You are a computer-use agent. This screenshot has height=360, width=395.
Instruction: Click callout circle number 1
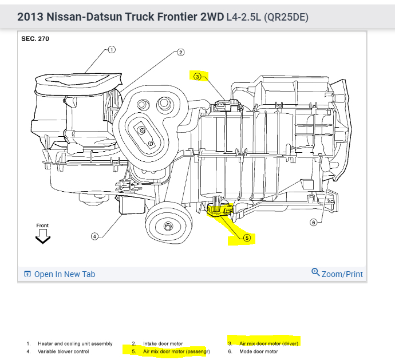point(111,50)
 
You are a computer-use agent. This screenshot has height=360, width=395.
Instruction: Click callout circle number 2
point(180,53)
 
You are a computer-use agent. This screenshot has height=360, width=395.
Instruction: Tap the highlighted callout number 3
point(197,76)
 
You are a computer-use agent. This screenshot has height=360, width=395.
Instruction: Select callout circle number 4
point(95,235)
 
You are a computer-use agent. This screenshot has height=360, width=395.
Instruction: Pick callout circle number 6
point(313,222)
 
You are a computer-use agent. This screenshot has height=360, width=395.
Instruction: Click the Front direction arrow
point(43,239)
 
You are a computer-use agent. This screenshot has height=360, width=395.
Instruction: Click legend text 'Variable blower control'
point(60,351)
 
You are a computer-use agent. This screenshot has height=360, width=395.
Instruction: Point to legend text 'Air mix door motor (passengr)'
point(176,351)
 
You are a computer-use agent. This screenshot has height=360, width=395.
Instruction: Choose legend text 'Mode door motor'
point(258,351)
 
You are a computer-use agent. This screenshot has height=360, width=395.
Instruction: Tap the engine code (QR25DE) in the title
point(285,17)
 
